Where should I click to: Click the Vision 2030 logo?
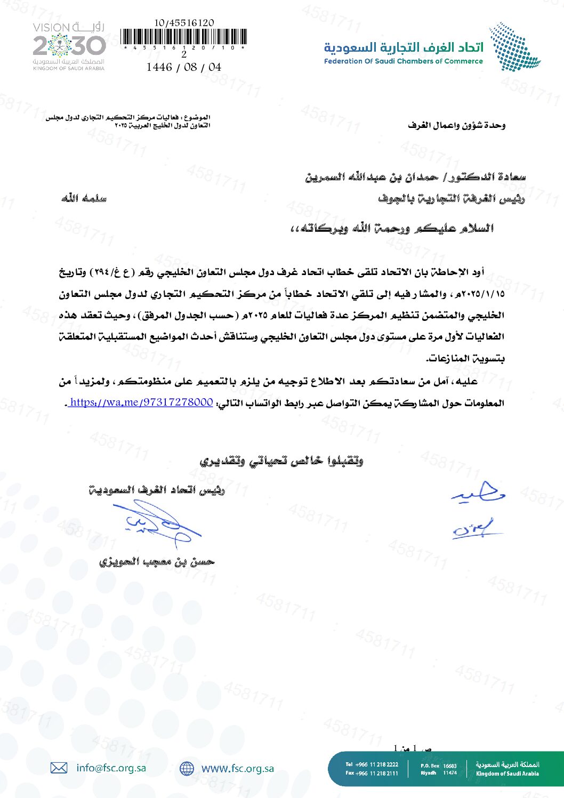(69, 46)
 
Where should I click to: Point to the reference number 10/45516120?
(184, 23)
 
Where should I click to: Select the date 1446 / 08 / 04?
(184, 67)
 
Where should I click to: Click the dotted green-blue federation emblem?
(514, 47)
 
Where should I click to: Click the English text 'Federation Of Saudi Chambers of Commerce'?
(403, 61)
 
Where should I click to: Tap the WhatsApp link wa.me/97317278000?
(141, 402)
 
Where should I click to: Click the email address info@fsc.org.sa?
(111, 768)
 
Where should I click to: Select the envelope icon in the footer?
(59, 768)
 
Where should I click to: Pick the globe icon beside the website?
(187, 768)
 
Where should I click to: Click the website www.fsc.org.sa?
(237, 768)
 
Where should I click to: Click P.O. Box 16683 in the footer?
(439, 765)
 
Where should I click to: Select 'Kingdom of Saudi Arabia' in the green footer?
(507, 773)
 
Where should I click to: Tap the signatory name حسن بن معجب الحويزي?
(157, 561)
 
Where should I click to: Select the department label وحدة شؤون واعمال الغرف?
(456, 125)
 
